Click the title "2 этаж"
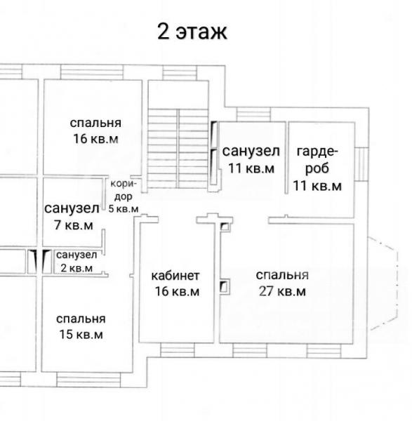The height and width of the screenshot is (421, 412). click(192, 32)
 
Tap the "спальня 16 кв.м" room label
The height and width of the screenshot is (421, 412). click(95, 131)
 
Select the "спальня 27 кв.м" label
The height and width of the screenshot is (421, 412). click(282, 283)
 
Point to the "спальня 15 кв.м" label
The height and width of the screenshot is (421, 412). click(81, 326)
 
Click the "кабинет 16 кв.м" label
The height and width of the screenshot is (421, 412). click(175, 283)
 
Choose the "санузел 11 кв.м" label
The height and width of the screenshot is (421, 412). click(251, 159)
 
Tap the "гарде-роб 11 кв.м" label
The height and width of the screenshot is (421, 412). click(317, 168)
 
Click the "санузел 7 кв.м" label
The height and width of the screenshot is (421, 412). click(72, 217)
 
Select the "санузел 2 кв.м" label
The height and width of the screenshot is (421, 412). click(77, 261)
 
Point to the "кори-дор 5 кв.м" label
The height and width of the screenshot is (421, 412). click(124, 196)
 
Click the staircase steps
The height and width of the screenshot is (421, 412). click(178, 149)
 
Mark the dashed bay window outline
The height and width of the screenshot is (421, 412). click(383, 283)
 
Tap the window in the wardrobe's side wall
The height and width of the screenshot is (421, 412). click(361, 163)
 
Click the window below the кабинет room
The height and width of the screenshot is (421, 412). click(178, 350)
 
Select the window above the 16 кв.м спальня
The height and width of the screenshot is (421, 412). click(92, 72)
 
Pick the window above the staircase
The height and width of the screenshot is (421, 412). click(180, 73)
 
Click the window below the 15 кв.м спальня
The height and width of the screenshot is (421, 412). click(88, 379)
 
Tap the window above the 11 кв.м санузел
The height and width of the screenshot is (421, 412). click(253, 114)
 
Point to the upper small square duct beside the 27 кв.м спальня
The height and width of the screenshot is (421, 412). click(225, 227)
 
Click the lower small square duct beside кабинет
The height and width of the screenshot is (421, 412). click(225, 287)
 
